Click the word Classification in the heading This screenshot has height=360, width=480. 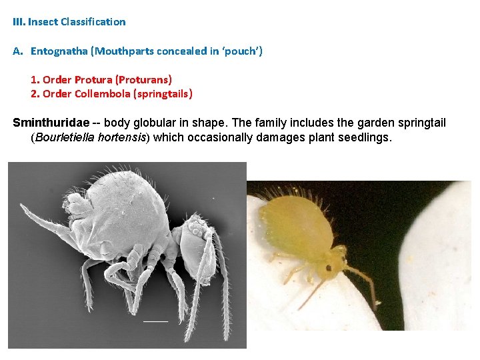93,22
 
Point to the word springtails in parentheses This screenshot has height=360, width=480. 163,94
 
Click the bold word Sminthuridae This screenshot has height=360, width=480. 51,123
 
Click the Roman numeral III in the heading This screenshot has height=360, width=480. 19,22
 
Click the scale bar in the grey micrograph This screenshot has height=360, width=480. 155,321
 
